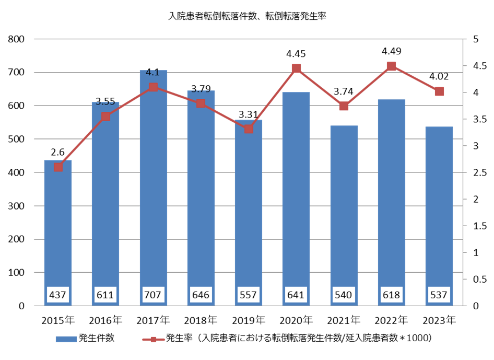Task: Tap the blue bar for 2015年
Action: click(58, 235)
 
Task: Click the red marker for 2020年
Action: click(296, 68)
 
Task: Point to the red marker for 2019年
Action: click(249, 129)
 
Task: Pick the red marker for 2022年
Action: click(391, 66)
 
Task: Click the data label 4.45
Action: click(296, 54)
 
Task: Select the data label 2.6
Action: click(58, 152)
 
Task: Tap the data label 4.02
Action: click(439, 77)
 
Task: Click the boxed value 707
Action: click(153, 295)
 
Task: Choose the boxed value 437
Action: click(58, 295)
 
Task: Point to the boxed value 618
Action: click(391, 295)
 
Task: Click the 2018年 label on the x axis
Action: click(201, 319)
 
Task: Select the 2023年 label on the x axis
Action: click(439, 319)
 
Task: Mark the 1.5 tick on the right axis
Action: click(478, 226)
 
